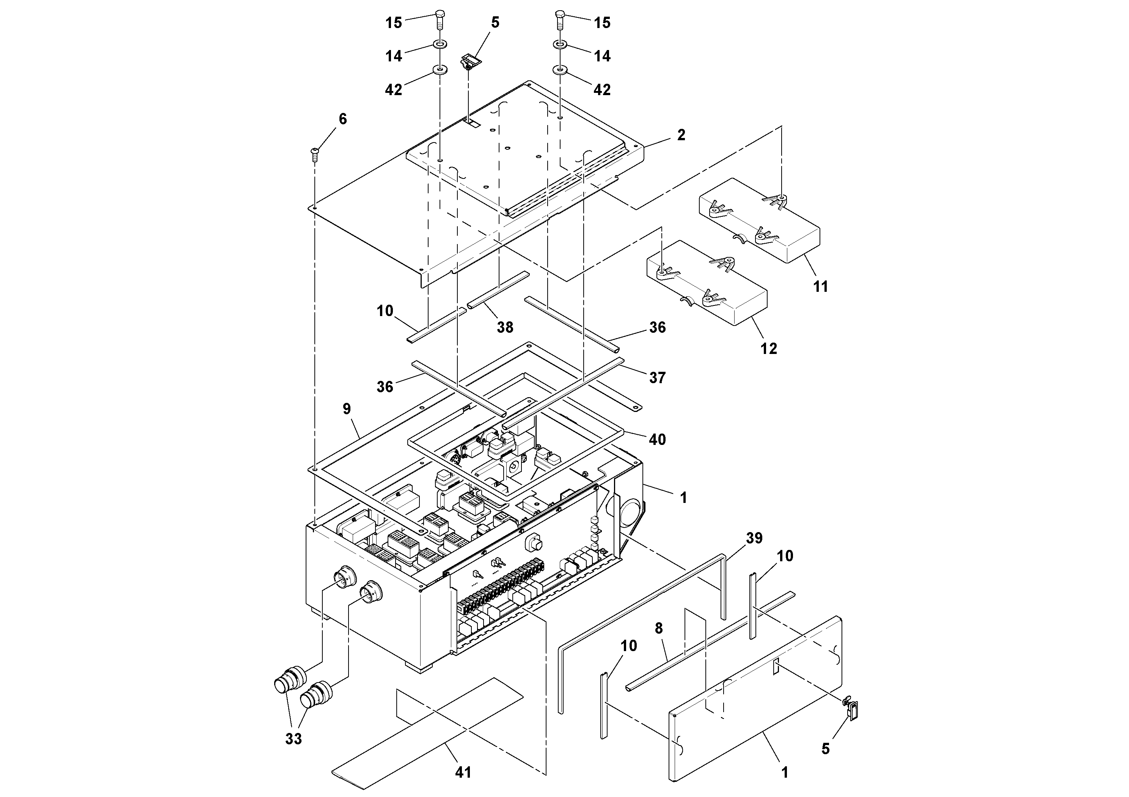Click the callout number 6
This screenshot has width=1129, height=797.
click(x=343, y=119)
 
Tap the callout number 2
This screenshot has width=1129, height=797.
click(x=681, y=135)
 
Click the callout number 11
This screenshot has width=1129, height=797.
click(x=821, y=287)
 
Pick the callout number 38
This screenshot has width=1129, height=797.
click(x=505, y=327)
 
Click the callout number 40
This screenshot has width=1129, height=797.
click(x=658, y=439)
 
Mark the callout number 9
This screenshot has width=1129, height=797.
click(x=347, y=409)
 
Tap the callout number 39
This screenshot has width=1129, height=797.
click(x=754, y=538)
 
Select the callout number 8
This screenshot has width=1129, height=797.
click(x=659, y=628)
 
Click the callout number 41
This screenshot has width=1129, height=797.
click(x=463, y=772)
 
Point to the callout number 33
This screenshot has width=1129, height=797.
click(x=294, y=739)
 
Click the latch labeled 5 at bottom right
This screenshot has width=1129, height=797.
click(x=853, y=711)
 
